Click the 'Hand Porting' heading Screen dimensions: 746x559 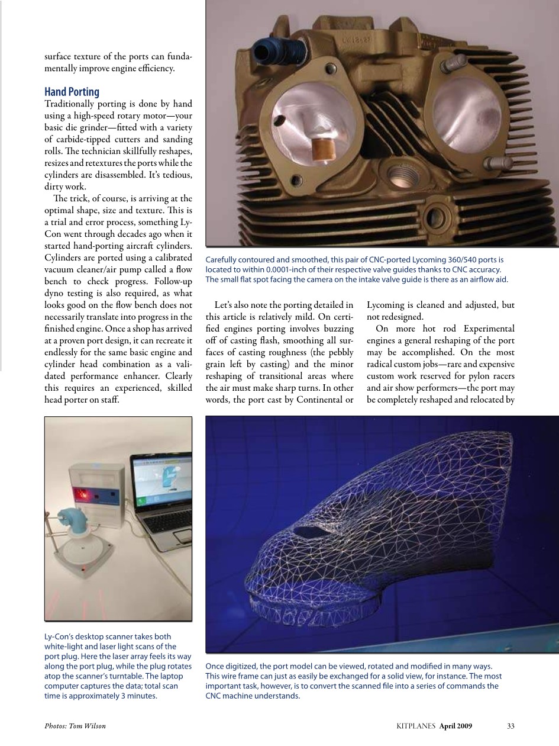[x=72, y=92]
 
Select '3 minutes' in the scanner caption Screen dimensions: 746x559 [x=139, y=696]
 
